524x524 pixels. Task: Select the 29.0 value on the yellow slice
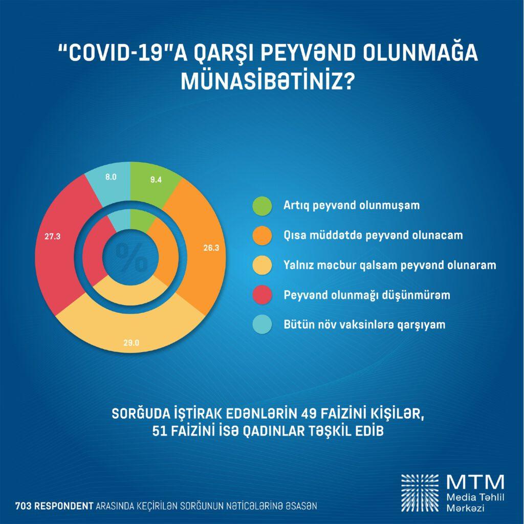coord(130,343)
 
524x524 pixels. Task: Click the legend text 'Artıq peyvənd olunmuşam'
coord(352,206)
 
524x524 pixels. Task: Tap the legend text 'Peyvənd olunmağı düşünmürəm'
coord(367,295)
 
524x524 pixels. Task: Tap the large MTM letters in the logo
coord(475,482)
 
